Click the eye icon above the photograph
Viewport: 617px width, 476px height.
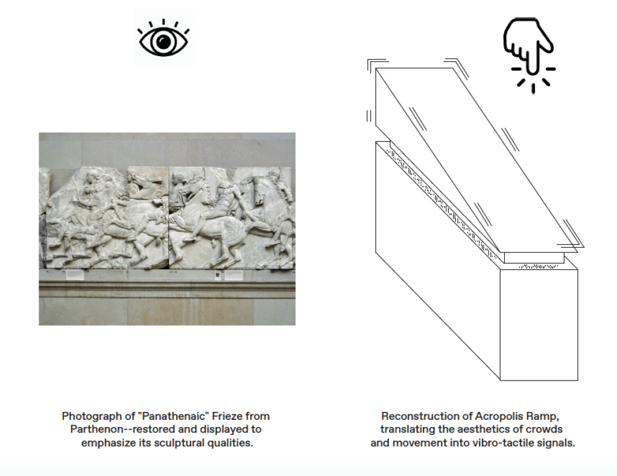163,39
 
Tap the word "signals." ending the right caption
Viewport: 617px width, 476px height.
554,443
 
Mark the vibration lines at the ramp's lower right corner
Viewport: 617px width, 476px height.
569,242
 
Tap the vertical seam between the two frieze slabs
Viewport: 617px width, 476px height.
169,217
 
